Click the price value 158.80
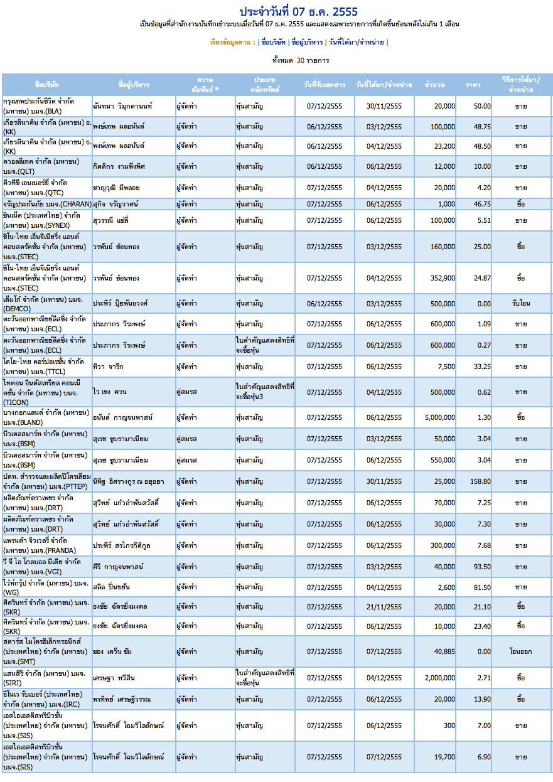tap(480, 481)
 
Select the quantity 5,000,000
tap(440, 417)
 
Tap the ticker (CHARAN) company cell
tap(47, 204)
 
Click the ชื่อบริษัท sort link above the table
tap(273, 42)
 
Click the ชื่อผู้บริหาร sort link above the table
tap(307, 42)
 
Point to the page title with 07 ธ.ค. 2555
tap(299, 12)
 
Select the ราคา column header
tap(473, 85)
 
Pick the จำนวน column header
tap(434, 85)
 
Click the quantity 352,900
tap(443, 278)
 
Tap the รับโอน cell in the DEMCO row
tap(521, 303)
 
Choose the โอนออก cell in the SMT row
tap(520, 651)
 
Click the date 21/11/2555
tap(384, 607)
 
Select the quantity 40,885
tap(444, 651)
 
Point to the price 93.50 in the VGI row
tap(482, 567)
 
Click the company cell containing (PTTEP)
tap(47, 481)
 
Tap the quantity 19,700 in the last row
tap(444, 757)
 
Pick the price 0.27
tap(484, 345)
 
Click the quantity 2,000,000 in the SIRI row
tap(440, 678)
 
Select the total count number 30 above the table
tap(300, 60)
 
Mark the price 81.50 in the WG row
tap(482, 587)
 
